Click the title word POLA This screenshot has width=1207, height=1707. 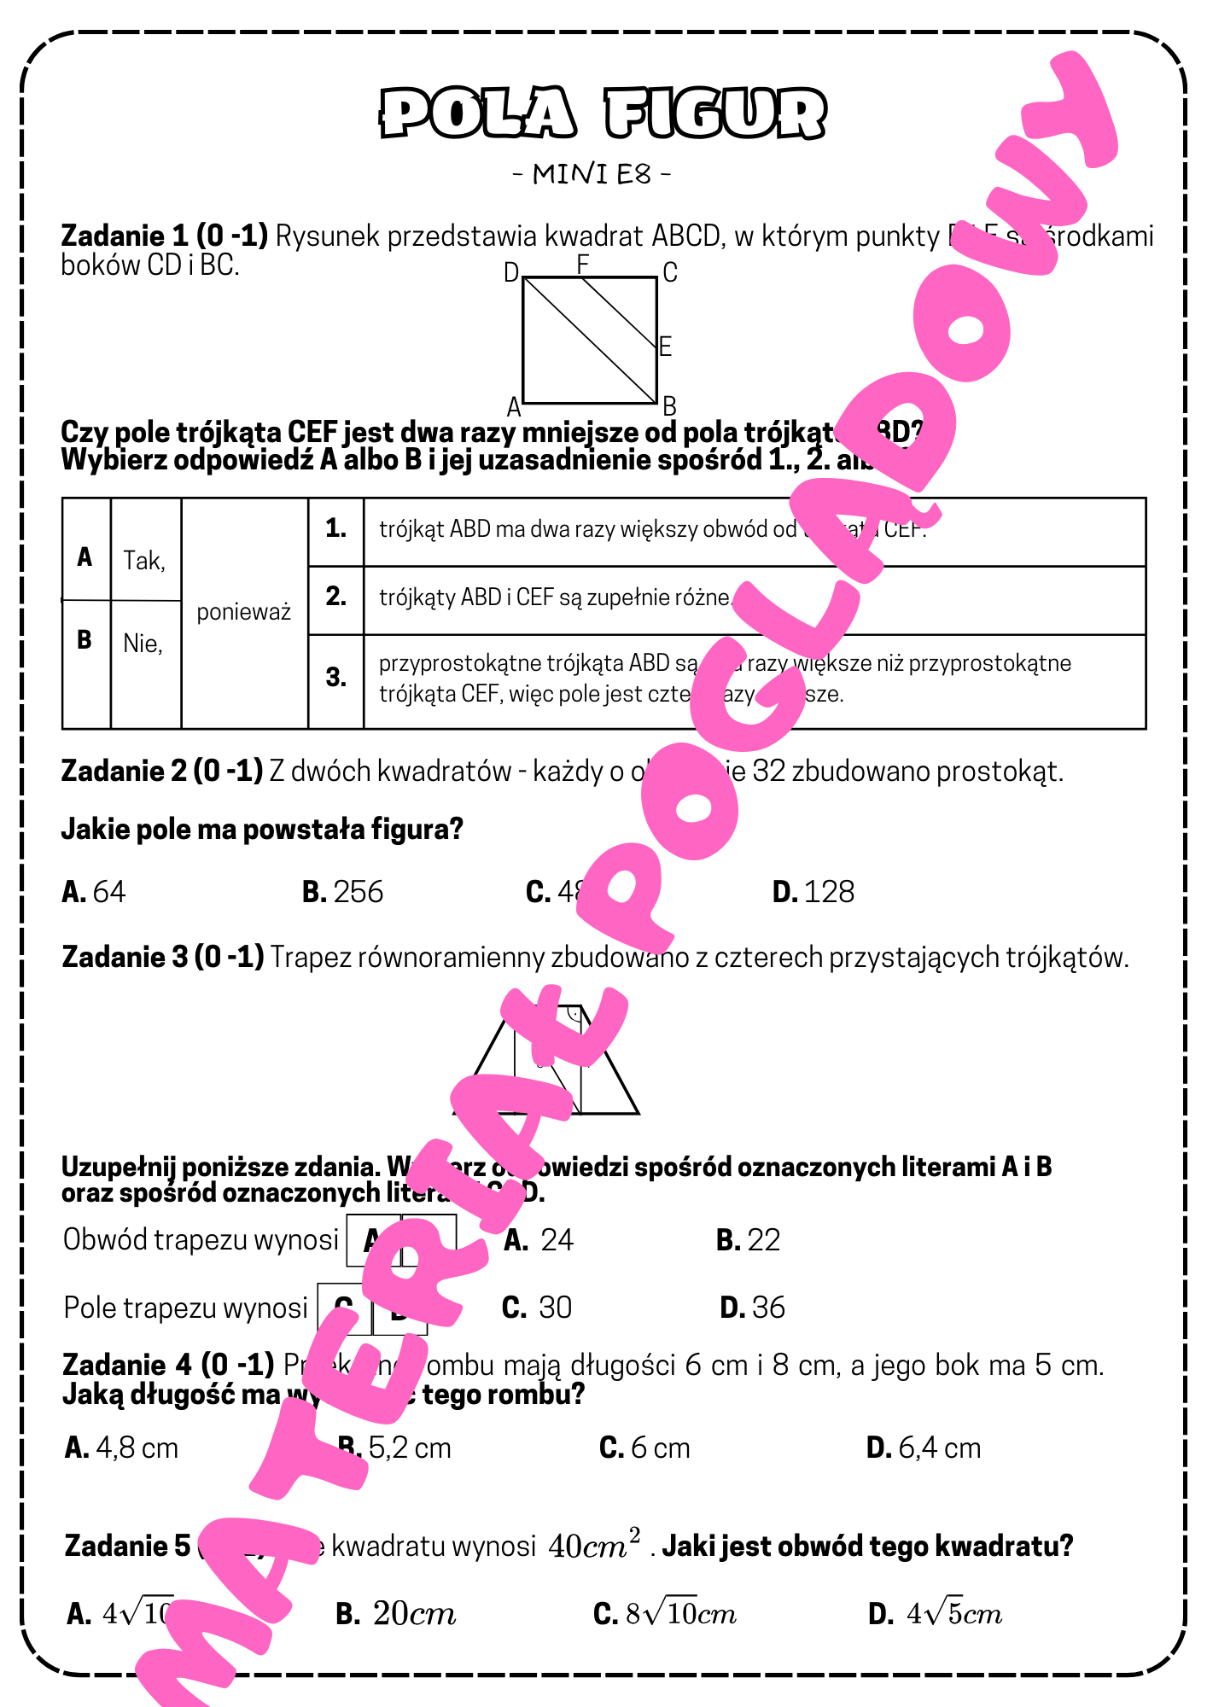point(477,114)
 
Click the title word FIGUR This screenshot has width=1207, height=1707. point(715,114)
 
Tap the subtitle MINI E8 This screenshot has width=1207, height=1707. point(592,174)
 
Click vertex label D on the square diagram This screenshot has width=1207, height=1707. point(511,272)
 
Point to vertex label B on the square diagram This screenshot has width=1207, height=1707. point(670,406)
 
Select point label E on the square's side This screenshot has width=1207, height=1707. point(666,347)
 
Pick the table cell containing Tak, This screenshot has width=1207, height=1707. point(144,561)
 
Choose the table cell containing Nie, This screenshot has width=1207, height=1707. point(143,643)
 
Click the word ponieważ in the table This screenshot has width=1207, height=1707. point(244,612)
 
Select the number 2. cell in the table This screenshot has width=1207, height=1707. point(335,597)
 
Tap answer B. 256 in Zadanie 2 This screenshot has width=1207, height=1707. point(343,892)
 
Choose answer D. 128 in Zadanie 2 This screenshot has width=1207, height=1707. point(813,892)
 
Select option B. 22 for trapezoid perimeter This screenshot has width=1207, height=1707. point(749,1240)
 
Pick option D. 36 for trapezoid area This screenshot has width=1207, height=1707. point(753,1308)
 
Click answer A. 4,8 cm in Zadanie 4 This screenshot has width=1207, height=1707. point(122,1448)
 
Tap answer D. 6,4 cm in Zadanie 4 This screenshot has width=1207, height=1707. point(924,1448)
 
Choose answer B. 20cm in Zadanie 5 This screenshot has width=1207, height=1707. point(396,1614)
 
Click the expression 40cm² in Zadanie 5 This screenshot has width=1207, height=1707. point(594,1546)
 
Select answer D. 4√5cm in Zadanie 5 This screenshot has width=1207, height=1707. point(936,1614)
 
